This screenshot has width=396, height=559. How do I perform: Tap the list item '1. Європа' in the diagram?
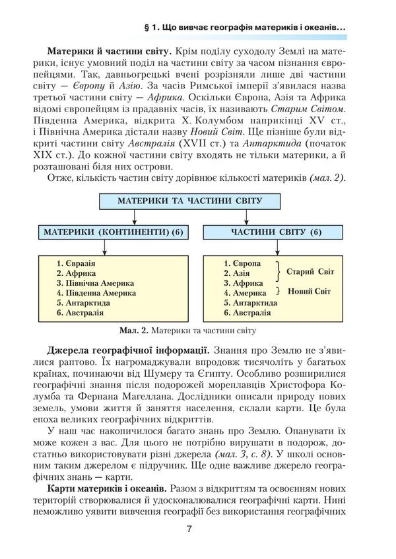pyautogui.click(x=242, y=263)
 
